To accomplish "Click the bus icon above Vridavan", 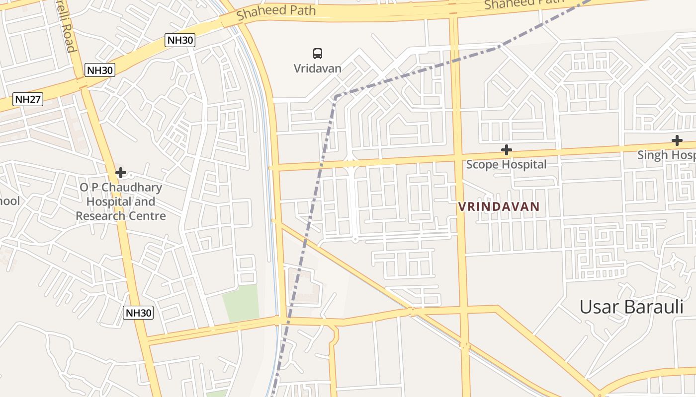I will pos(318,53).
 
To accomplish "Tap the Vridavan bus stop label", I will pos(318,68).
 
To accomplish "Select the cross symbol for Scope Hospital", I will pos(506,149).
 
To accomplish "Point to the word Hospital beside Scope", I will pos(526,164).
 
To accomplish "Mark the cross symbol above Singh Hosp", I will pos(677,140).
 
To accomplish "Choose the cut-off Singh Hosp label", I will pos(667,155).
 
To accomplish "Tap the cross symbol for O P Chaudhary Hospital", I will pos(120,173).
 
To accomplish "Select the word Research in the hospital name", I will pos(97,216).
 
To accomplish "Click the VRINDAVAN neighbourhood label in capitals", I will pos(499,206).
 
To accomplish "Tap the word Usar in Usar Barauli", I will pos(599,307).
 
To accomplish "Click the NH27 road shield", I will pos(28,99).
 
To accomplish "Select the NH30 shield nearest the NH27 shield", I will pos(100,70).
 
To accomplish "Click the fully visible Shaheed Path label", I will pos(276,12).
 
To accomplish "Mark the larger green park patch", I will pos(241,303).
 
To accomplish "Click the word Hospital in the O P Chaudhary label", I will pos(121,202).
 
